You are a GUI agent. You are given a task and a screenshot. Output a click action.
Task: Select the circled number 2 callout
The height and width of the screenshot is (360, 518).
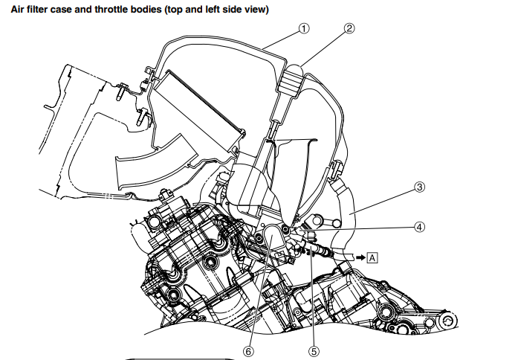pos(350,29)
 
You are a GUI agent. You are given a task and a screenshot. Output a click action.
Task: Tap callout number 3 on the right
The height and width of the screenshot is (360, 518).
pos(419,187)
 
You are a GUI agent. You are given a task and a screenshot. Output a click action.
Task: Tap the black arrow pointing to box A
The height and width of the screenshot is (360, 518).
pos(359,257)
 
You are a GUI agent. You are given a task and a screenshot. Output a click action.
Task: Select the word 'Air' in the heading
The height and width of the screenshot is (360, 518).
pos(14,10)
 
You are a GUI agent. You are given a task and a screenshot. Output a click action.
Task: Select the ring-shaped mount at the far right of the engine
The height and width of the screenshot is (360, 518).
pos(448,322)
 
